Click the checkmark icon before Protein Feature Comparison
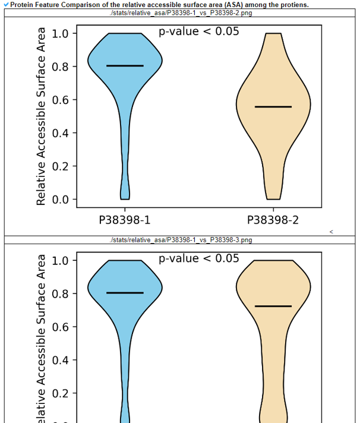6,5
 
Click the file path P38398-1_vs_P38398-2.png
181,13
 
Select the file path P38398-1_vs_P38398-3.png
181,240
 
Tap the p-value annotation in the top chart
199,31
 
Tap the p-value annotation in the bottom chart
199,258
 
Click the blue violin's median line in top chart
125,66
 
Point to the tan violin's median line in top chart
273,107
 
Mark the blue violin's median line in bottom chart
125,293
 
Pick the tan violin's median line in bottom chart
273,306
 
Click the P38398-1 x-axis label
125,221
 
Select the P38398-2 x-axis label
273,221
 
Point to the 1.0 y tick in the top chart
60,33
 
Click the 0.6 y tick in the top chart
60,100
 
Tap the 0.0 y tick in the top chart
60,199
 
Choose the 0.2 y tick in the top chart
60,166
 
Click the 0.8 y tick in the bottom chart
60,293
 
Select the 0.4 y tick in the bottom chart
60,360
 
